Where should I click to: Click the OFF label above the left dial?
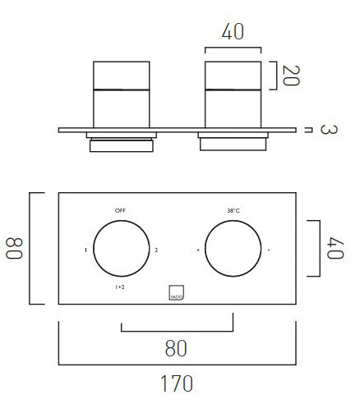click(121, 211)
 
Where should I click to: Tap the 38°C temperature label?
click(233, 211)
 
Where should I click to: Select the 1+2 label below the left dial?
click(120, 287)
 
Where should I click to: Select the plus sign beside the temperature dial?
click(198, 249)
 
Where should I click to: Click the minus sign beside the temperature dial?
click(269, 249)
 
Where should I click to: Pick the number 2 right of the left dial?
click(156, 249)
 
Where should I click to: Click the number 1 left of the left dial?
click(85, 249)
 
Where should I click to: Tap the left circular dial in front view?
click(121, 249)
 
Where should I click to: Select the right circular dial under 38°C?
click(233, 249)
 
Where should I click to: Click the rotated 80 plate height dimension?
click(15, 248)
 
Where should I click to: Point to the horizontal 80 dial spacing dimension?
click(176, 347)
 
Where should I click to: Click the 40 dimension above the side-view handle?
click(233, 33)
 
